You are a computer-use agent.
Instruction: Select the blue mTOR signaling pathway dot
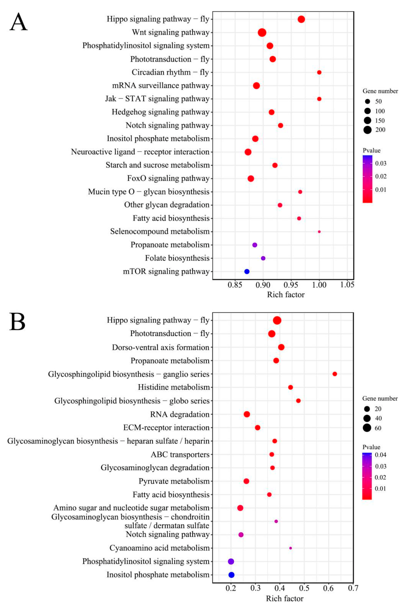247,272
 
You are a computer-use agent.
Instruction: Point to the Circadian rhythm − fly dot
319,72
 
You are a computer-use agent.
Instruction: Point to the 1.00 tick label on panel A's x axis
319,285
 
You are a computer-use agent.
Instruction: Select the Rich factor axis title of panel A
286,295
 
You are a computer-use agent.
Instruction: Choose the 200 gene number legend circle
367,130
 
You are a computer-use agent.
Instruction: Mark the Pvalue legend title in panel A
371,150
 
